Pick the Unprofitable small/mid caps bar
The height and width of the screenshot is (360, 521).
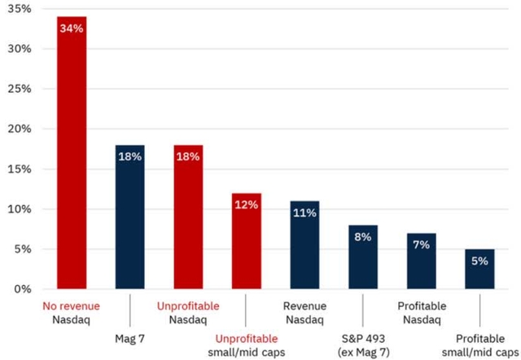coord(246,241)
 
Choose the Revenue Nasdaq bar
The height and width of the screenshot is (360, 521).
coord(304,245)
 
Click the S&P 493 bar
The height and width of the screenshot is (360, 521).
coord(362,257)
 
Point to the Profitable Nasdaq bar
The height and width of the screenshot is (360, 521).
coord(421,261)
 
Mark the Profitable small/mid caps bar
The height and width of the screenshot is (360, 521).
coord(479,270)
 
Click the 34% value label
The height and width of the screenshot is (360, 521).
coord(72,29)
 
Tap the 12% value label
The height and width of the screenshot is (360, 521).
coord(246,204)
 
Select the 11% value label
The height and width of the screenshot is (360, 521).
coord(304,213)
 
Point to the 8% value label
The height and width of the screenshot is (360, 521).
coord(362,237)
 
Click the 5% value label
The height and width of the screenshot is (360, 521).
coord(479,261)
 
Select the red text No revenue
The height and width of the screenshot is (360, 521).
coord(72,306)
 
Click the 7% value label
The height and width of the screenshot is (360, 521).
coord(421,244)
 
